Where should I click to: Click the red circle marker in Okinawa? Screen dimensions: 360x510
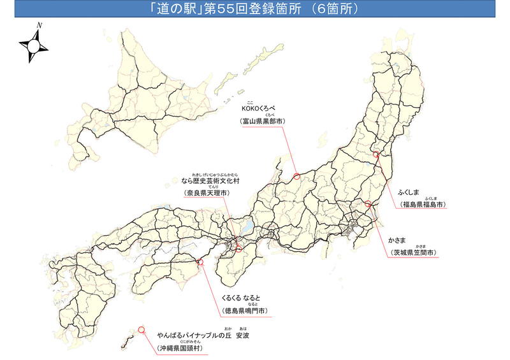[x=141, y=330]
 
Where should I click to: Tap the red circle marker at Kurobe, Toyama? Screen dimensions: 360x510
[x=296, y=176]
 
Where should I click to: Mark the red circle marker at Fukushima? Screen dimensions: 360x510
[x=376, y=154]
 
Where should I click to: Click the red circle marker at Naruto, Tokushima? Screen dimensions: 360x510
[x=200, y=261]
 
